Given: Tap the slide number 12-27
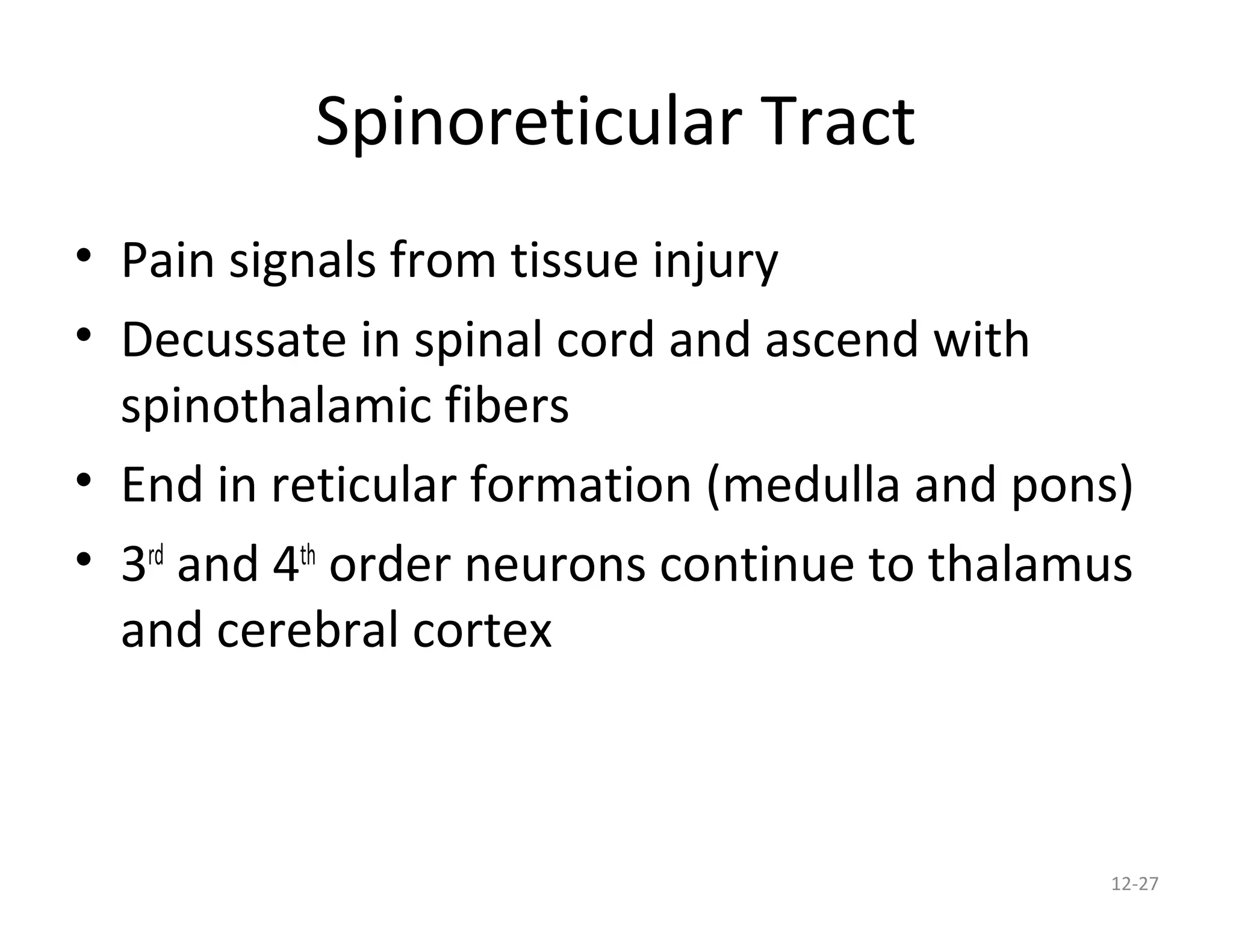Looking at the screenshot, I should point(1134,884).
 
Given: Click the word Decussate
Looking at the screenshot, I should point(234,340).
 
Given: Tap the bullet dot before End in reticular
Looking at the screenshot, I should point(84,479).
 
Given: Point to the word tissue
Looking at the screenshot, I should point(574,260).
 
